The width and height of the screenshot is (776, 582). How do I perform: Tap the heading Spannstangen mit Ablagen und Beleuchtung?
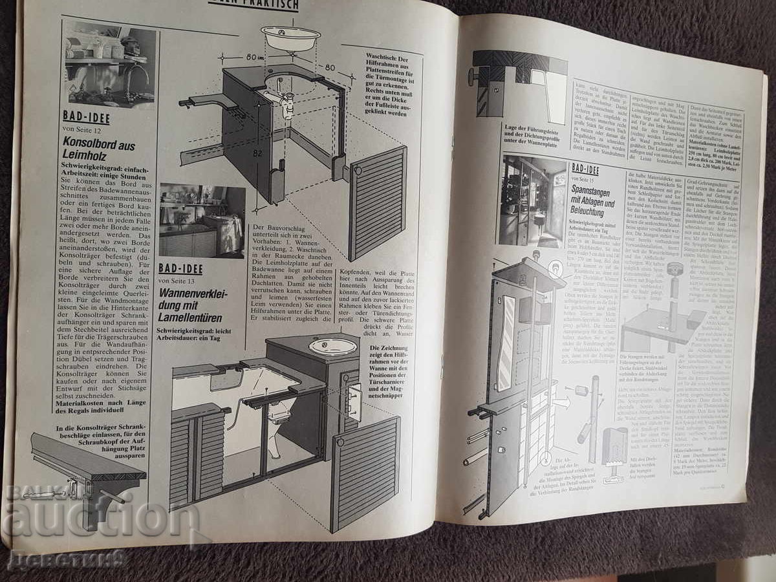pos(596,200)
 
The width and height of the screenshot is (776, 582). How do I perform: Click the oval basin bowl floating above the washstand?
pos(290,37)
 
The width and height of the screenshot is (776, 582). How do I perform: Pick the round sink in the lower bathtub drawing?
pos(332,347)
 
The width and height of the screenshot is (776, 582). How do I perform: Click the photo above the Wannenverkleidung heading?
pos(202,220)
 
